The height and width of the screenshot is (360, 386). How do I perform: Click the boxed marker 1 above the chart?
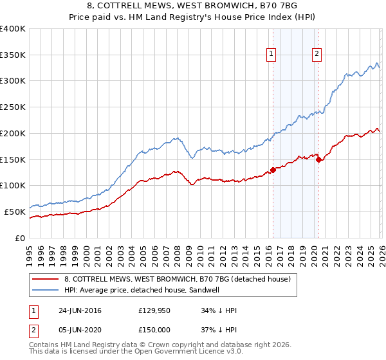[272, 55]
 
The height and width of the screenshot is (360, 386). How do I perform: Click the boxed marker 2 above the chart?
[318, 55]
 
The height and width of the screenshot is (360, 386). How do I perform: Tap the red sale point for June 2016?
[273, 170]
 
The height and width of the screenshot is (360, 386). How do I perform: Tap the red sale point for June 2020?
[318, 159]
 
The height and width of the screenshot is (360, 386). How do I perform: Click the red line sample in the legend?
[46, 279]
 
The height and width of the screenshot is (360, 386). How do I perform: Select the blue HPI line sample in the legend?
[46, 290]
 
